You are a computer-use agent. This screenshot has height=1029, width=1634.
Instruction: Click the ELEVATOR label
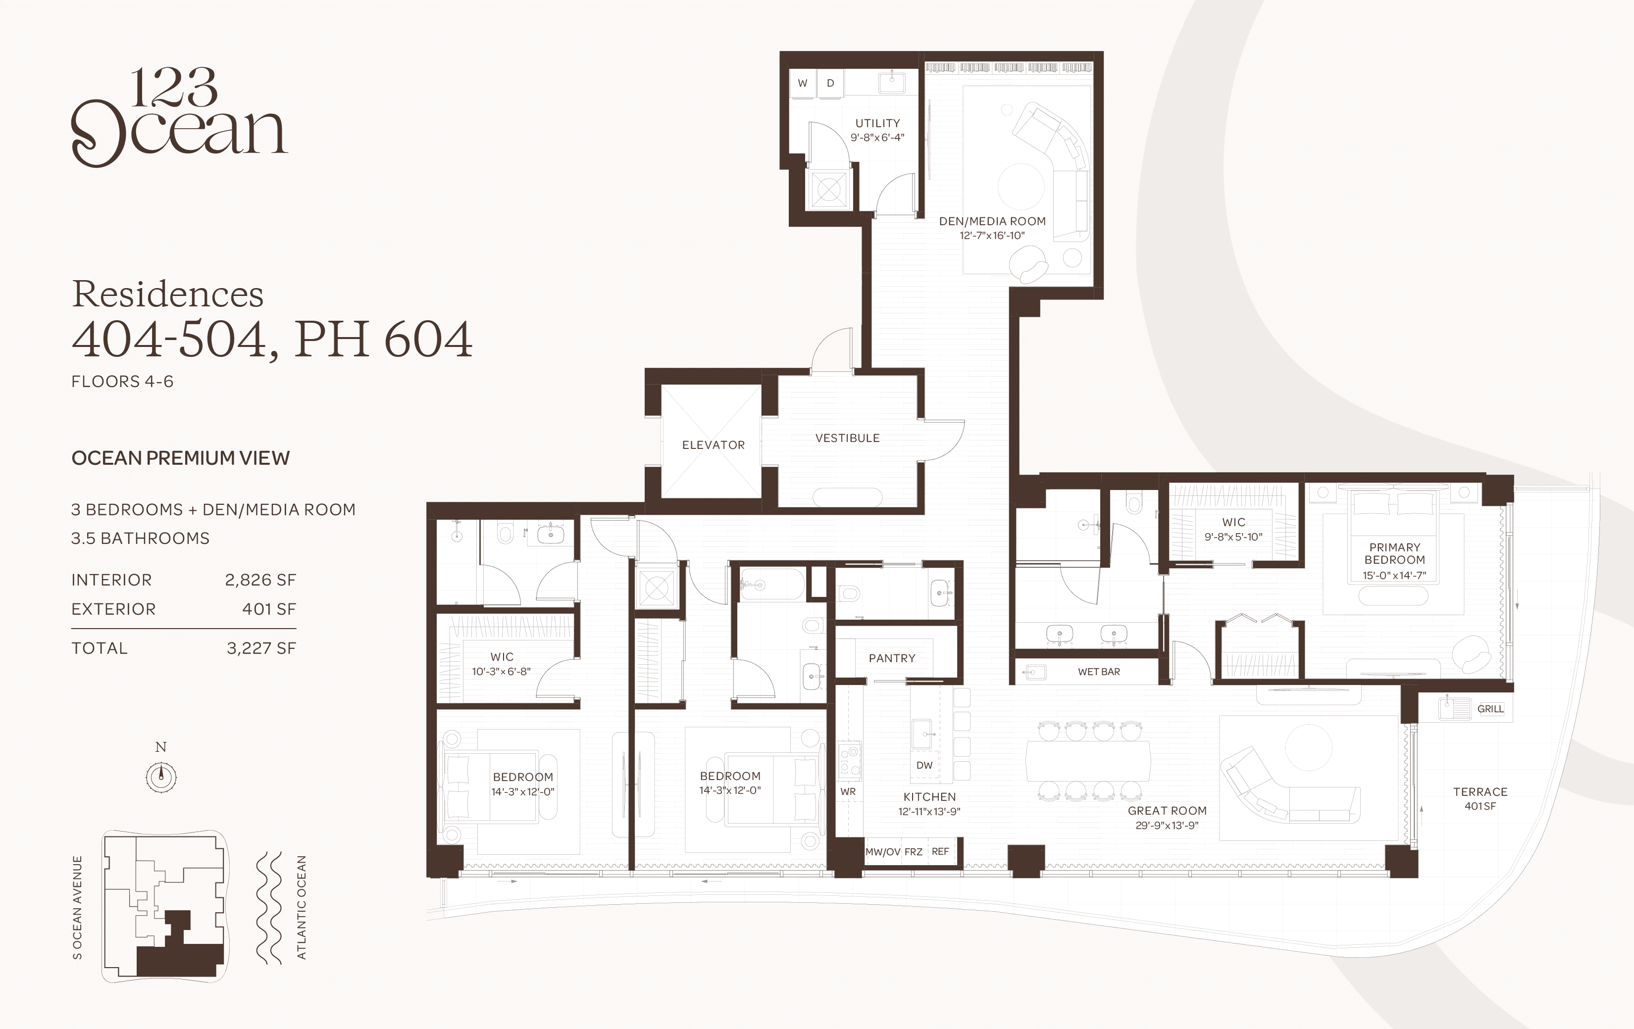coord(713,445)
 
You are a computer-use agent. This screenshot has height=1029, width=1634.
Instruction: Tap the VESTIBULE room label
coord(848,438)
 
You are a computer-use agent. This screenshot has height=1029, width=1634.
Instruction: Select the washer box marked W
coord(803,84)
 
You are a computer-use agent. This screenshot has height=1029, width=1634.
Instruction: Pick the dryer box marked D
coord(830,84)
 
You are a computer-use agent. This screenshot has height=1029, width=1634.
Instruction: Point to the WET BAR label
coord(1099,672)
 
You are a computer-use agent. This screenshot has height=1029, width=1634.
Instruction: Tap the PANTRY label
coord(892,658)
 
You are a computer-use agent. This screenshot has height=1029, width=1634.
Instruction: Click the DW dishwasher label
coord(924,765)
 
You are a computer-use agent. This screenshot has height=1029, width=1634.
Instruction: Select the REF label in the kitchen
coord(940,851)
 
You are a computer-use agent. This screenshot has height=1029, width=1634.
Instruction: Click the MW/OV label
coord(883,852)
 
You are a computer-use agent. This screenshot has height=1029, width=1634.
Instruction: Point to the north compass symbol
coord(161,776)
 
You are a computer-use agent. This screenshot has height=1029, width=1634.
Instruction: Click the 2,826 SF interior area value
coord(260,580)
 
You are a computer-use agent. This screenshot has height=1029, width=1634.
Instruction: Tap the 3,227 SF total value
coord(261,648)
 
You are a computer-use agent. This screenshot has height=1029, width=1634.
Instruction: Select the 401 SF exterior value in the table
coord(269,609)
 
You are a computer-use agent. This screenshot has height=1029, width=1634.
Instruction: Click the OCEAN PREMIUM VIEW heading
coord(181,458)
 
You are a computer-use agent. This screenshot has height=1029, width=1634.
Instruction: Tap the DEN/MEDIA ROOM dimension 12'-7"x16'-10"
coord(992,236)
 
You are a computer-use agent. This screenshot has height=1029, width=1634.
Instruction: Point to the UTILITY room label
coord(877,123)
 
